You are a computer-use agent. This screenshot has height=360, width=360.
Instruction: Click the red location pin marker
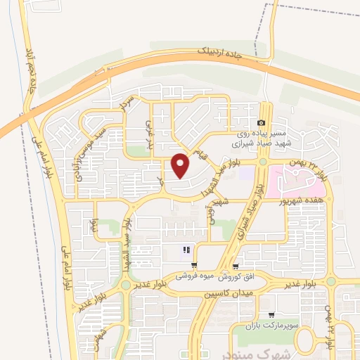pyautogui.click(x=181, y=165)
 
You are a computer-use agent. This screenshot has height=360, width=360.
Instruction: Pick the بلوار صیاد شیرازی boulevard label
pyautogui.click(x=252, y=211)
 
